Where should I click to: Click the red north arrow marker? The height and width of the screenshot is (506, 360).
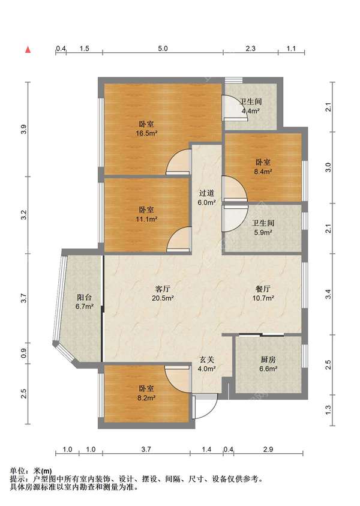coord(28,50)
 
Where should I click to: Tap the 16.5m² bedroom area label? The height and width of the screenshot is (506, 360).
coord(146,128)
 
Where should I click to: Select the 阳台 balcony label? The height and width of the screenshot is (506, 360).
coord(85,302)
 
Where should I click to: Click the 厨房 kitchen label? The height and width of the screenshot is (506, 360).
coord(268,364)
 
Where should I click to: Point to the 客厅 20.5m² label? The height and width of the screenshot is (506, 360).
coord(163,294)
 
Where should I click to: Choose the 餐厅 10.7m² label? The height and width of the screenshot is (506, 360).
coord(263,294)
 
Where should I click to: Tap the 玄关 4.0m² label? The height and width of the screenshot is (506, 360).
coord(207,364)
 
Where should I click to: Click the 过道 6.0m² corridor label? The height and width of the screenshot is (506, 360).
coord(207,198)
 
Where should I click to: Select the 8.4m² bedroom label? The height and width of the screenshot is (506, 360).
coord(263,167)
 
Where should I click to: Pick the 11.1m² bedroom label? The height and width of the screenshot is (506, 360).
coord(146,215)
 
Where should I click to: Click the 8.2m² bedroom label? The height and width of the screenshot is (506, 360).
coord(146,393)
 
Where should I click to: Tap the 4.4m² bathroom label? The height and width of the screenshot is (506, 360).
coord(251,106)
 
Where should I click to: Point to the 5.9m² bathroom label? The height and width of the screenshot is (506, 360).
coord(263,227)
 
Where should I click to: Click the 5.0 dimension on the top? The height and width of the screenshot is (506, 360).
coord(163,49)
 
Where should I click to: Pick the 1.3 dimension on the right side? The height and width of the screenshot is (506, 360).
coord(328,409)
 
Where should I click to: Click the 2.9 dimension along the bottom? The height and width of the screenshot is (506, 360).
coord(268,449)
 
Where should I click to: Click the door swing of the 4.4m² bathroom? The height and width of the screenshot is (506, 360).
coord(235,108)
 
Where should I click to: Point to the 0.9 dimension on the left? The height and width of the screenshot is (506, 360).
coord(24,354)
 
